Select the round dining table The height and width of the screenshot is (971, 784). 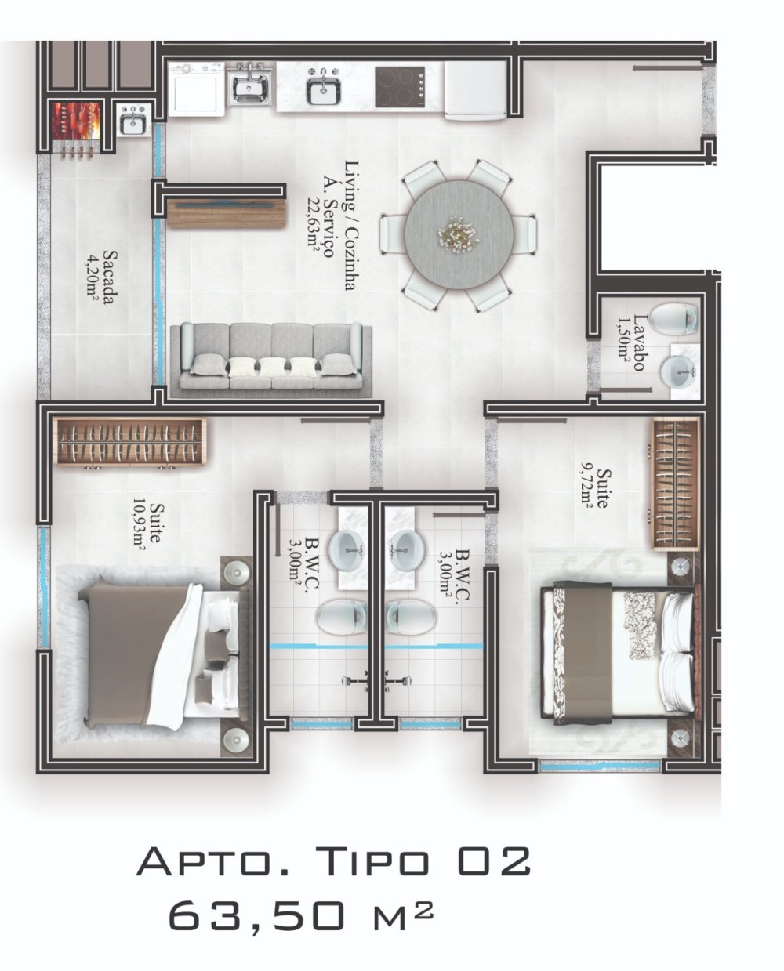click(459, 236)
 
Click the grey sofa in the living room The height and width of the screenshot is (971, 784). click(271, 361)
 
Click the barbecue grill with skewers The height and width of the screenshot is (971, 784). click(76, 127)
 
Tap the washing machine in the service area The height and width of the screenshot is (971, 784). click(196, 89)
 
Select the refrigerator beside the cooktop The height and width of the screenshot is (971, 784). click(476, 89)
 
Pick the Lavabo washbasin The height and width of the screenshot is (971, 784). click(680, 371)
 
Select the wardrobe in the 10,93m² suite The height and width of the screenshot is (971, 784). click(129, 442)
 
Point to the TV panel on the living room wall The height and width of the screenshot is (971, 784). click(227, 213)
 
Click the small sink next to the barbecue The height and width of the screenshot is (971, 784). click(134, 119)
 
